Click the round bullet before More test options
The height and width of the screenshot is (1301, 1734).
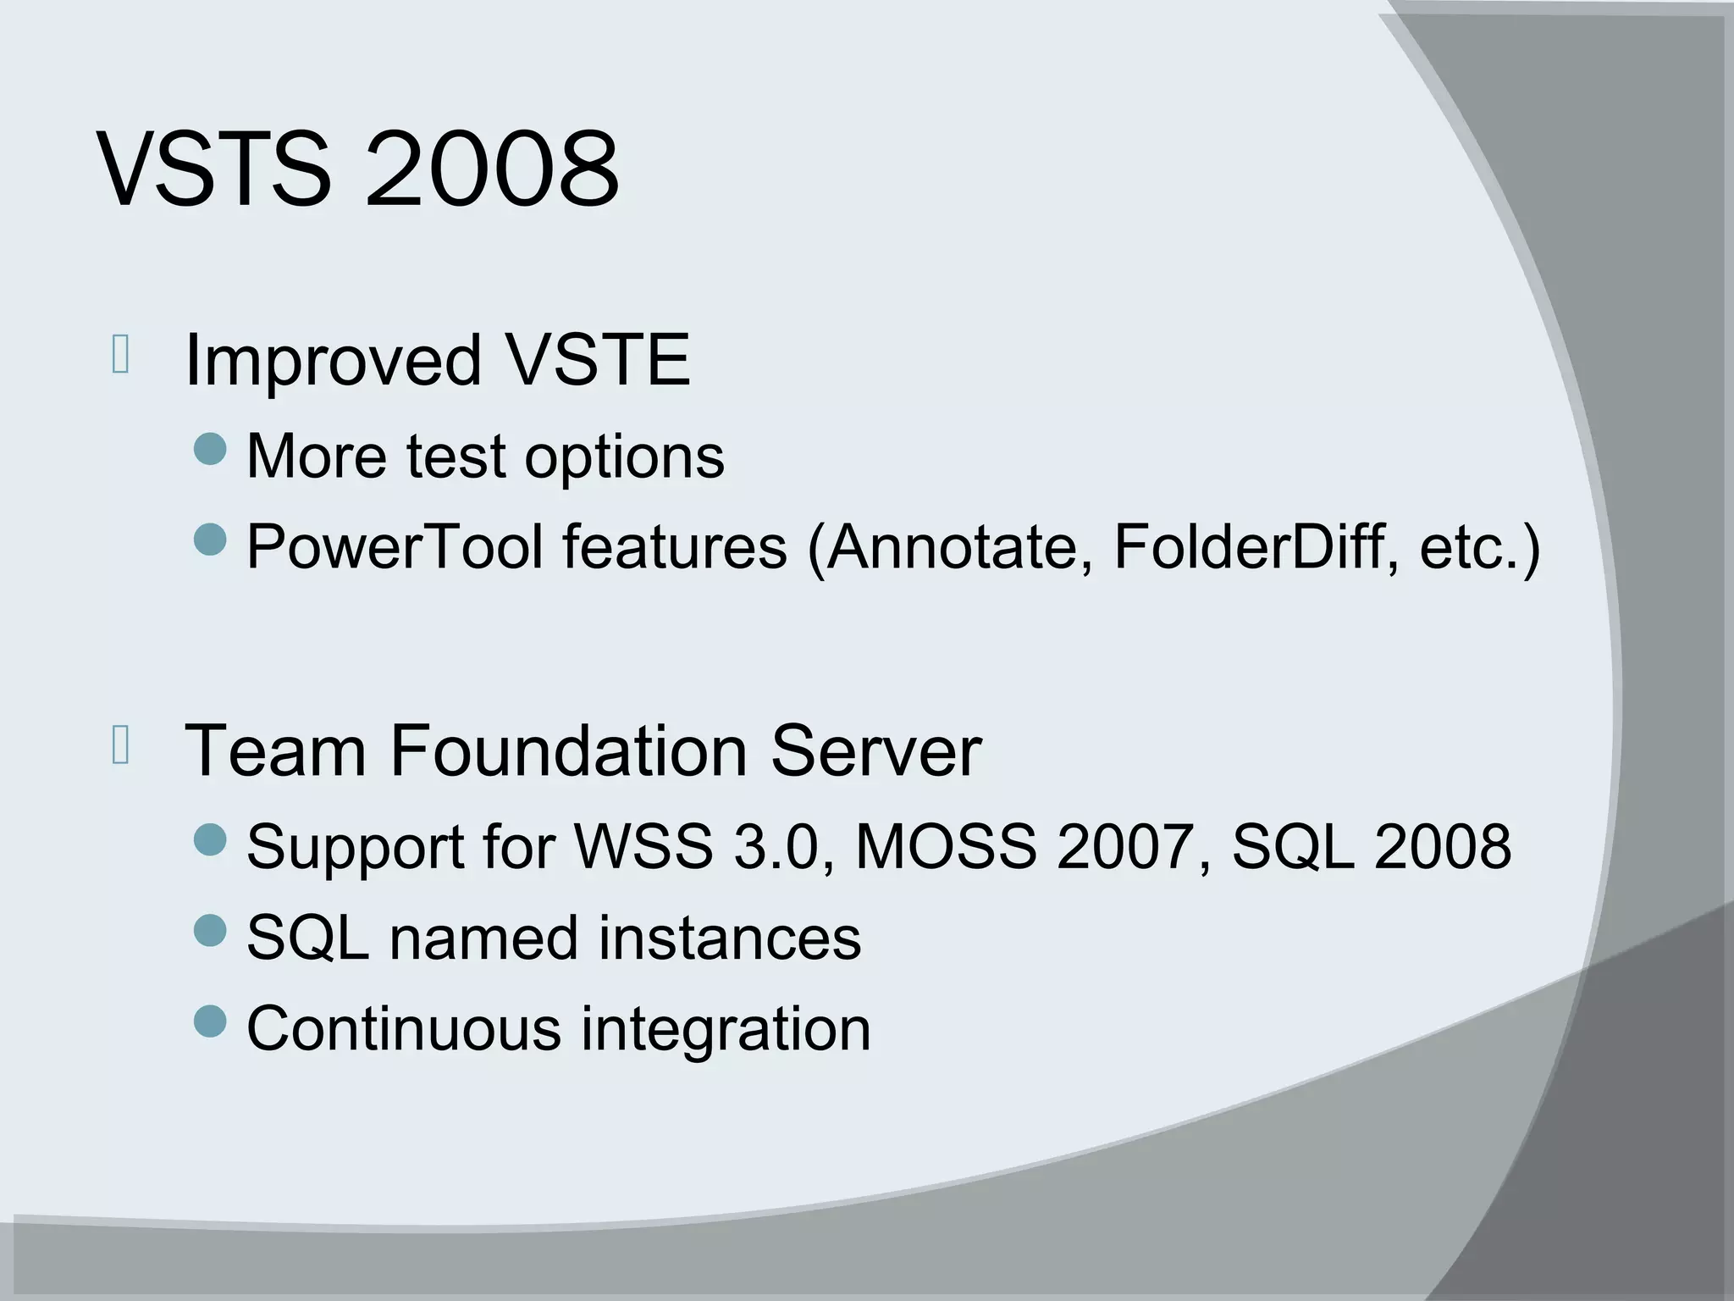click(x=211, y=449)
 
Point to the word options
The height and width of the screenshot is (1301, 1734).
click(x=624, y=458)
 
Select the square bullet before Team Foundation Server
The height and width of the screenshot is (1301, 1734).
click(x=120, y=745)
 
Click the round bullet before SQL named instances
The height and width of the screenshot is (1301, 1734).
click(x=211, y=931)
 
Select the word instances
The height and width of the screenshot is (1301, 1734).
click(x=730, y=938)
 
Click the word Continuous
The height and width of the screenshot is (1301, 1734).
click(x=404, y=1028)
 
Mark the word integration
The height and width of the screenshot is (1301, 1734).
click(x=726, y=1030)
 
